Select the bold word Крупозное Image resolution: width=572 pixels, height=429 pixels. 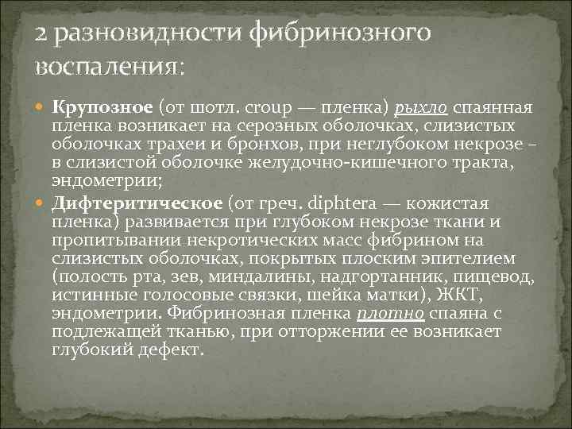[103, 109]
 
